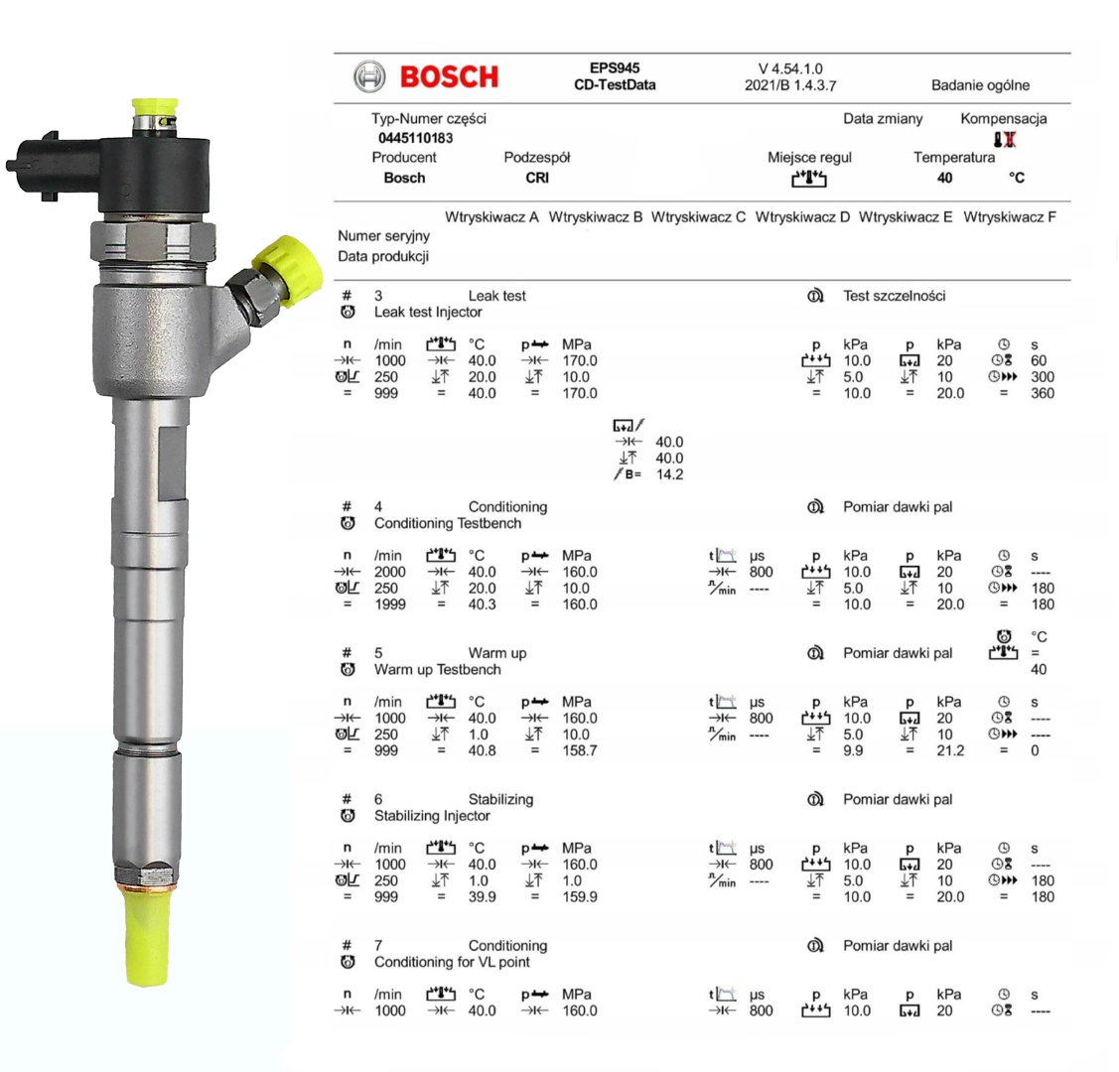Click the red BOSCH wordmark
pyautogui.click(x=449, y=77)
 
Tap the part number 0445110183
pyautogui.click(x=415, y=138)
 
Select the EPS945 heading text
pyautogui.click(x=615, y=68)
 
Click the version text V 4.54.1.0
pyautogui.click(x=790, y=69)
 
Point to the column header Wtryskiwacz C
pyautogui.click(x=698, y=216)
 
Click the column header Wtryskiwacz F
pyautogui.click(x=1009, y=216)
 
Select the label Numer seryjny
pyautogui.click(x=384, y=236)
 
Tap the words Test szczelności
pyautogui.click(x=895, y=296)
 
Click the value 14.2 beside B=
pyautogui.click(x=669, y=475)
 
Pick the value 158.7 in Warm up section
pyautogui.click(x=580, y=751)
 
